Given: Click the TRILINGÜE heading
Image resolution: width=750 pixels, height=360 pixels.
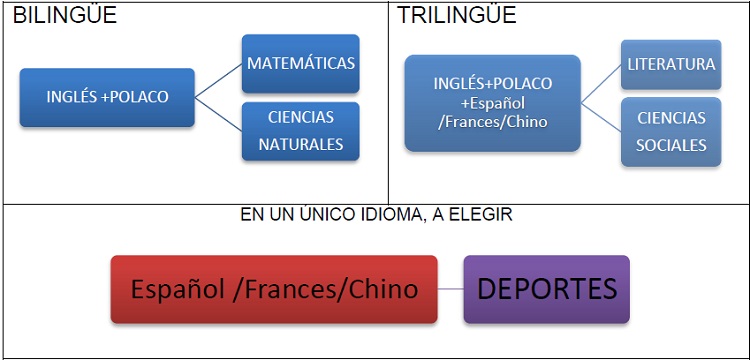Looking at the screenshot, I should (457, 16).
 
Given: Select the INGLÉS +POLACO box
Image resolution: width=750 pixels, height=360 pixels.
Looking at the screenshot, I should (107, 97).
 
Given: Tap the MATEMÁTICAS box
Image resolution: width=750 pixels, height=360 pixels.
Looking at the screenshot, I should (301, 63).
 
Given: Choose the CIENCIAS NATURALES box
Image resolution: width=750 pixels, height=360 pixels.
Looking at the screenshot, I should (301, 131).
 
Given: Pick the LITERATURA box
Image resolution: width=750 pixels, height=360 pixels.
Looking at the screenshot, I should (671, 64).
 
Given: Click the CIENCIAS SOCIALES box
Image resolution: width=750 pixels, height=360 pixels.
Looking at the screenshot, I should (671, 131).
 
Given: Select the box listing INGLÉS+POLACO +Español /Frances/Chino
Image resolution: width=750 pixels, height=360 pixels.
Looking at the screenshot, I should (493, 102).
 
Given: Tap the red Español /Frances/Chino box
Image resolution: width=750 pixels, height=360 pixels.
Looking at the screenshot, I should (273, 289).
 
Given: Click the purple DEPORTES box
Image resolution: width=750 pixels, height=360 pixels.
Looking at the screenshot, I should (547, 289).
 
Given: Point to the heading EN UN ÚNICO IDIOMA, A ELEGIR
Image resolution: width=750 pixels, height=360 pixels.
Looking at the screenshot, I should (376, 215).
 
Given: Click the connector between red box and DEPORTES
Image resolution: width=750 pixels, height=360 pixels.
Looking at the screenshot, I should (451, 289).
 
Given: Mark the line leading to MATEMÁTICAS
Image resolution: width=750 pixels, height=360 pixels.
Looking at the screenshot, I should (219, 80).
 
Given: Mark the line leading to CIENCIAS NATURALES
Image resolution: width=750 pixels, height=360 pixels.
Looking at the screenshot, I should (219, 113).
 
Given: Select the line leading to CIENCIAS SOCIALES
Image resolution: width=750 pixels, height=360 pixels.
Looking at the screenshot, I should (601, 115).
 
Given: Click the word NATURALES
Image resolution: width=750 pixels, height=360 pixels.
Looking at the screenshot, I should (301, 144).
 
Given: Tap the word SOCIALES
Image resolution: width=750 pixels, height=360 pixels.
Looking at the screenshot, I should (671, 144).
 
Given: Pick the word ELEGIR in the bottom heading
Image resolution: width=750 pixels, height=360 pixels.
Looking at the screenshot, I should (489, 215).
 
